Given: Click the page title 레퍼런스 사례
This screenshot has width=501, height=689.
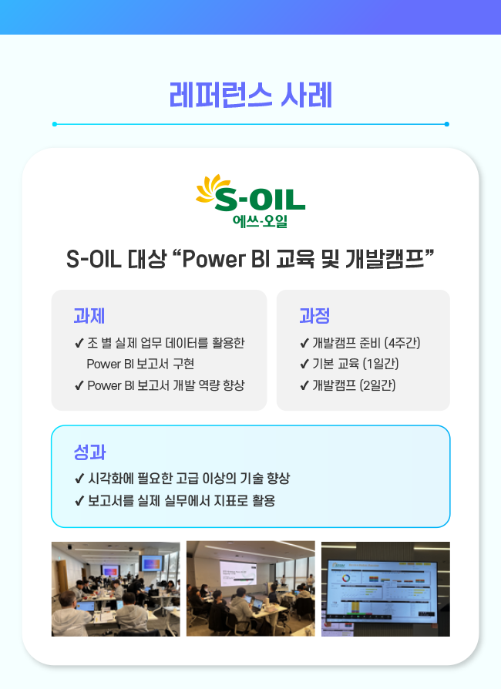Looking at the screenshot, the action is pyautogui.click(x=250, y=95).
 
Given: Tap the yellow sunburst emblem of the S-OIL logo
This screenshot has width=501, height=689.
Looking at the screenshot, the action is pyautogui.click(x=211, y=189).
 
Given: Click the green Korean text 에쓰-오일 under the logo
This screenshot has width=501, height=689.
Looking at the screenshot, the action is pyautogui.click(x=261, y=220).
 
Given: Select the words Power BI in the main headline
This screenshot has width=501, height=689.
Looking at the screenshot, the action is pyautogui.click(x=227, y=259).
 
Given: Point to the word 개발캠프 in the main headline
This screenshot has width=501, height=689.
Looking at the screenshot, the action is pyautogui.click(x=385, y=258).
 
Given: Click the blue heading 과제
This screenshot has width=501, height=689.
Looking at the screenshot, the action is pyautogui.click(x=89, y=316).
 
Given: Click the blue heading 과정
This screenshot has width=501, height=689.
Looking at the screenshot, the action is pyautogui.click(x=314, y=316).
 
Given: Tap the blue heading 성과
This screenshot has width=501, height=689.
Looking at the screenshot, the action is pyautogui.click(x=89, y=452).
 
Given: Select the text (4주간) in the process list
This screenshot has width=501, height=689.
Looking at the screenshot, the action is pyautogui.click(x=402, y=343).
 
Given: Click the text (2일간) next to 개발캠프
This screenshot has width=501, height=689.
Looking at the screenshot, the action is pyautogui.click(x=378, y=385).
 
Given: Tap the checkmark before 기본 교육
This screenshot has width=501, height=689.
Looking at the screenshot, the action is pyautogui.click(x=304, y=365).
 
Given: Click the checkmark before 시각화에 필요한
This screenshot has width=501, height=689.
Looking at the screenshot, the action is pyautogui.click(x=79, y=479).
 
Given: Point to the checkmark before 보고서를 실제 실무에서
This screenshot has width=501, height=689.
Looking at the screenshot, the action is pyautogui.click(x=79, y=501).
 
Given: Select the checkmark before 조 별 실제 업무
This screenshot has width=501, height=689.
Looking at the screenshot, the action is pyautogui.click(x=79, y=343).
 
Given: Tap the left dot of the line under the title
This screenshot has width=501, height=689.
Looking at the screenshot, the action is pyautogui.click(x=55, y=124).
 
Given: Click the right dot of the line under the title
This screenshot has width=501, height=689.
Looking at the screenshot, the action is pyautogui.click(x=446, y=124).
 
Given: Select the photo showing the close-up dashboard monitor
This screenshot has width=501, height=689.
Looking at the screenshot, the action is pyautogui.click(x=385, y=589).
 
